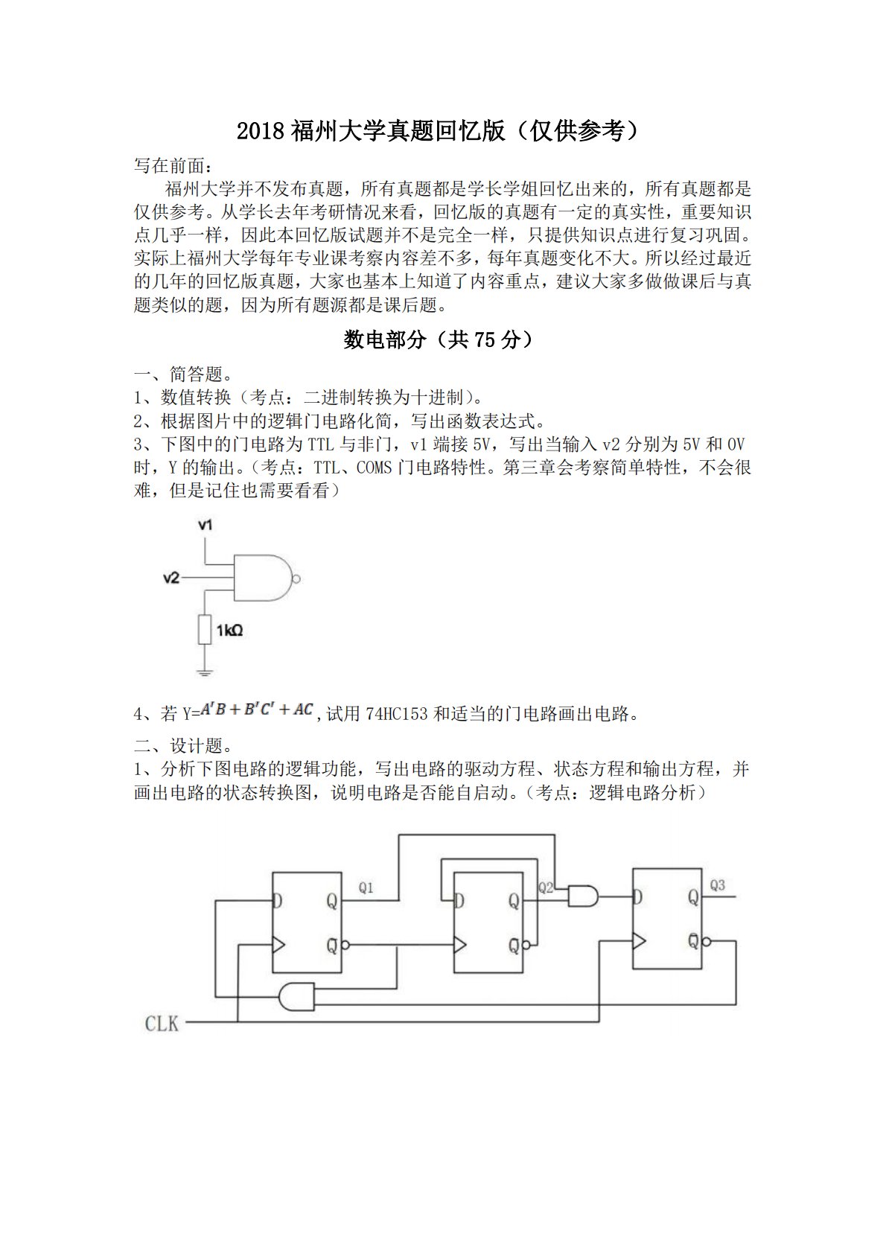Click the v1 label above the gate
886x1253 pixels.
point(205,525)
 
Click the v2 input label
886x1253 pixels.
point(171,577)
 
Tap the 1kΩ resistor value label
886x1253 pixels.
point(229,631)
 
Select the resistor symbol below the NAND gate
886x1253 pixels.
point(205,630)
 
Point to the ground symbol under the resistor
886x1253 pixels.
point(205,672)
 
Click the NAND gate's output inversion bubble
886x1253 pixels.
point(296,578)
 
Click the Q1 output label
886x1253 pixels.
point(366,887)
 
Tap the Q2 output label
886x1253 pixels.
point(546,887)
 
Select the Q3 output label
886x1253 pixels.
point(717,885)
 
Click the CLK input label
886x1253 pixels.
point(162,1024)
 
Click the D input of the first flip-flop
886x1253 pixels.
point(278,901)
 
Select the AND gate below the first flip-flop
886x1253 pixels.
point(296,995)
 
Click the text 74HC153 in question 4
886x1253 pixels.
point(397,714)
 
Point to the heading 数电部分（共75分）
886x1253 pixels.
point(439,339)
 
